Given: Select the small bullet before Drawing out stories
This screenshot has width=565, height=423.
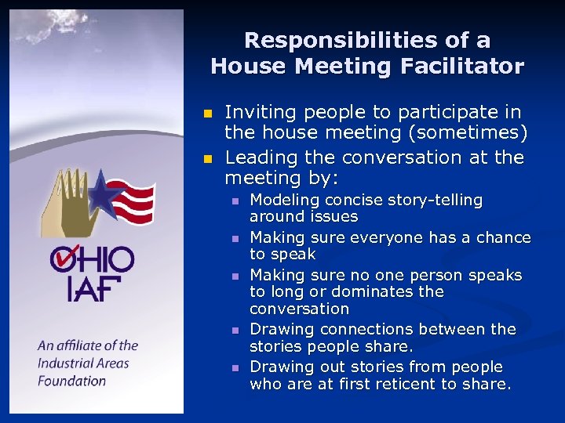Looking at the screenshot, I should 234,367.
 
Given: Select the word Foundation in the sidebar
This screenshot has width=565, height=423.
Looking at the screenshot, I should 71,381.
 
